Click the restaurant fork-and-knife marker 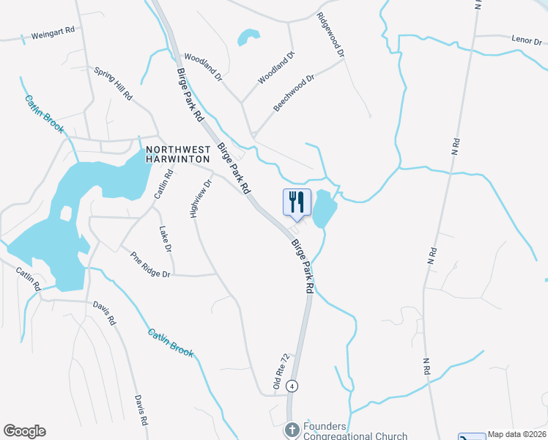(x=297, y=202)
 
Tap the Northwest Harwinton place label (x=178, y=153)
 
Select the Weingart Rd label (x=53, y=34)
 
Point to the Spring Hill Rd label (x=113, y=84)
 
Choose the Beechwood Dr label (x=293, y=92)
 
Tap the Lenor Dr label (x=525, y=38)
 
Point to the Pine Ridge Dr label (x=150, y=265)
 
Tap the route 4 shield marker (x=292, y=385)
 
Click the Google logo (x=24, y=431)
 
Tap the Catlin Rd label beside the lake (x=163, y=184)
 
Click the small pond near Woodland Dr (x=248, y=36)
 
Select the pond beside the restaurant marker (x=324, y=211)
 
